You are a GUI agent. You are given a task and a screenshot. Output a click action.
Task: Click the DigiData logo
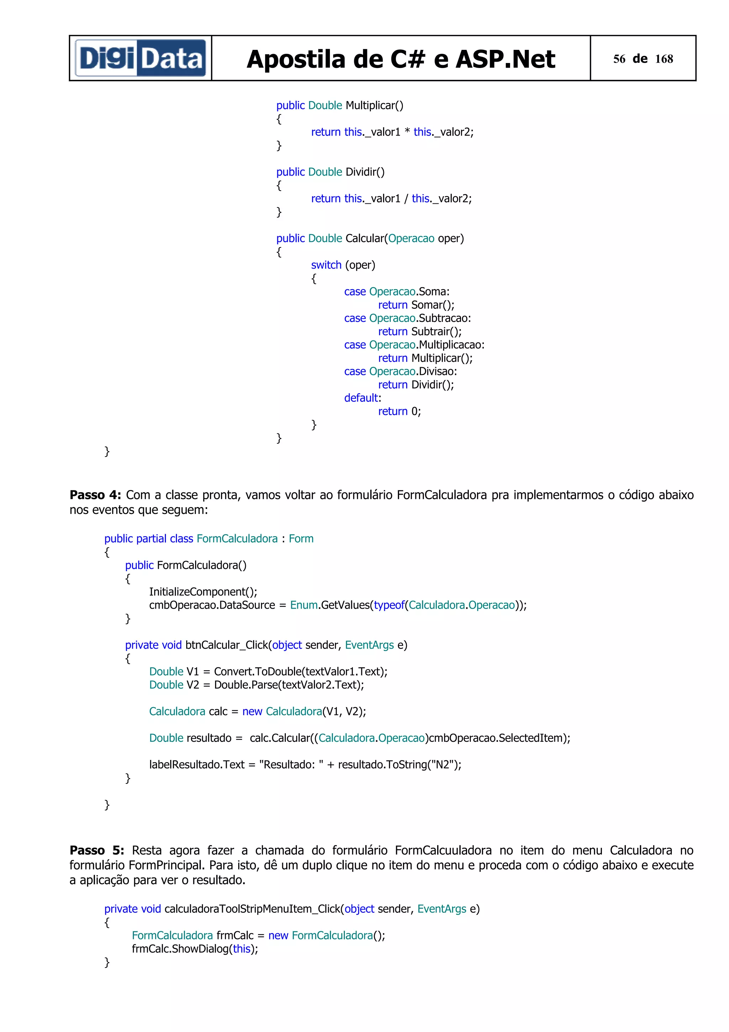coord(140,58)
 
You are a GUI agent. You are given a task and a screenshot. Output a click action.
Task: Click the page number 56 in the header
coord(619,59)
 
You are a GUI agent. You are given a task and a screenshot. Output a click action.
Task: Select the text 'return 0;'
coord(399,411)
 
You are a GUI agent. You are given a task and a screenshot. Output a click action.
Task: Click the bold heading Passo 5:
coord(96,850)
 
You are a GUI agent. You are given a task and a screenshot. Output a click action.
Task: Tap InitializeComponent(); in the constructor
coord(203,591)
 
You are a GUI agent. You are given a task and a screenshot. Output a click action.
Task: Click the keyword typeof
coord(389,605)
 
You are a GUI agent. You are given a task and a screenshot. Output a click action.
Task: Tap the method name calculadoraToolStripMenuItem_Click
coord(252,909)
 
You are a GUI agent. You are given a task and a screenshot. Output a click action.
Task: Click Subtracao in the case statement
coord(443,318)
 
